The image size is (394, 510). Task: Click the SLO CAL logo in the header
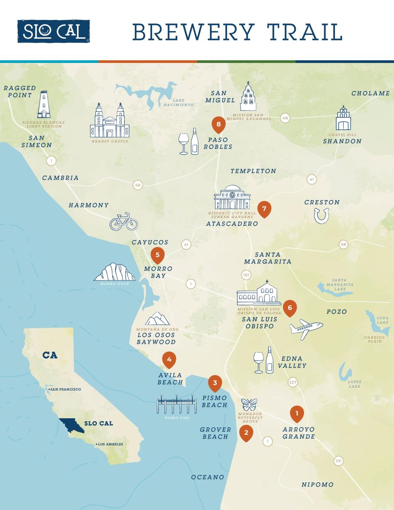tap(54, 31)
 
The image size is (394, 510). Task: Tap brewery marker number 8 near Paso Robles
tap(218, 124)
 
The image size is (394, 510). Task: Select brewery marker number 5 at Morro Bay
tap(158, 255)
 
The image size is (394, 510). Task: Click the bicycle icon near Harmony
tap(124, 221)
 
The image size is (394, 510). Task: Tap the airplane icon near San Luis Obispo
tap(306, 329)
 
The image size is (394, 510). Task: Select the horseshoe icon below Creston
tap(322, 216)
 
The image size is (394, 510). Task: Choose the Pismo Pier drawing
tap(176, 405)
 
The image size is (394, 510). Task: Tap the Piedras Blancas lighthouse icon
tap(44, 105)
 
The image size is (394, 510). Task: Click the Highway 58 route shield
tap(343, 244)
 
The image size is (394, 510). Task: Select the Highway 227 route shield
tap(293, 382)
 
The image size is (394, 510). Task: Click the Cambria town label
tap(60, 178)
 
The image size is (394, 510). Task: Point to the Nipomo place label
tap(317, 484)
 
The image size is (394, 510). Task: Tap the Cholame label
tap(370, 93)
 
